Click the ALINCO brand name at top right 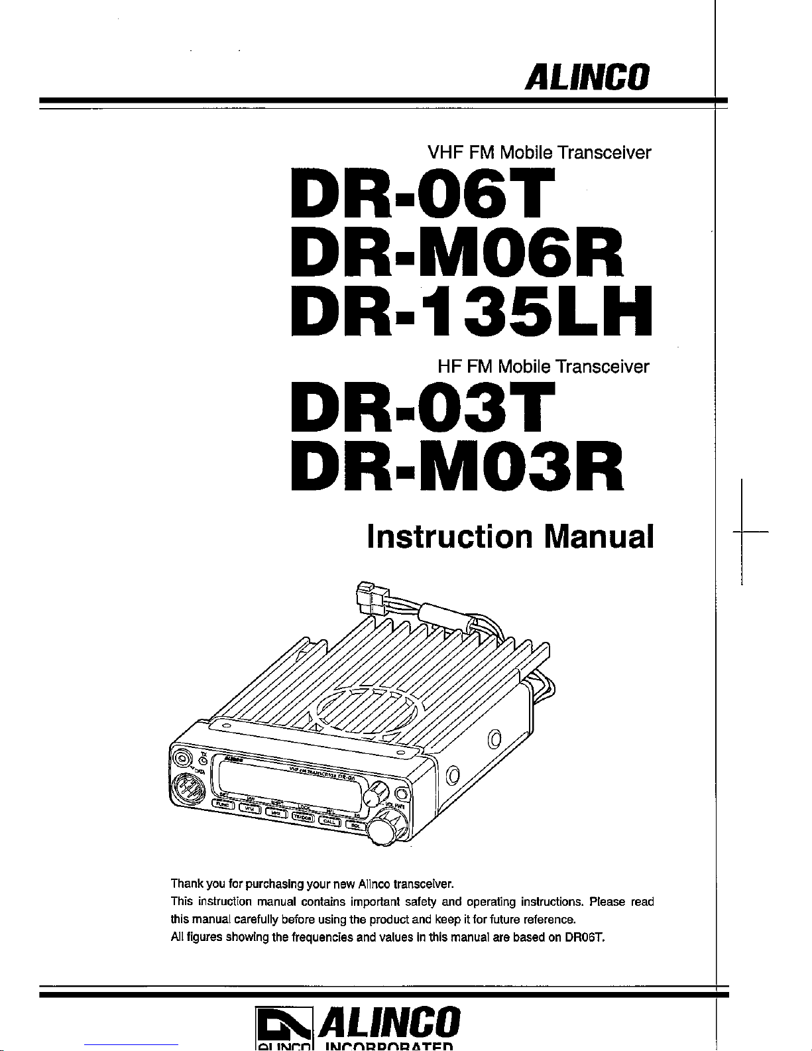(x=587, y=78)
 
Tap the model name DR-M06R (x=457, y=255)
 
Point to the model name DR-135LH (x=471, y=312)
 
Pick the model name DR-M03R (x=457, y=467)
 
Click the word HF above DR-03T (x=449, y=366)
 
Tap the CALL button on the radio (x=329, y=822)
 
